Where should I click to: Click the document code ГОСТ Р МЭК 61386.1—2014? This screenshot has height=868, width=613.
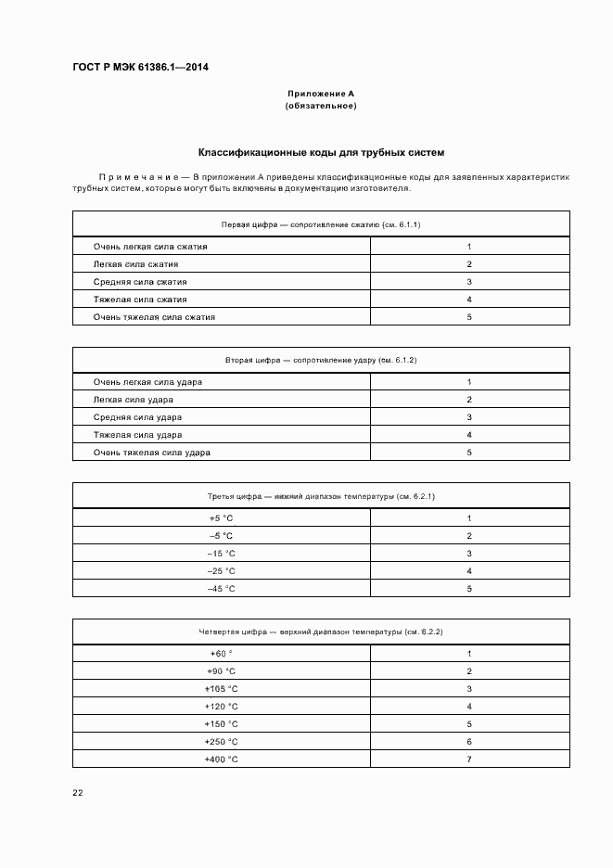140,68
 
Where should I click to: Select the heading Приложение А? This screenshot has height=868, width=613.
321,94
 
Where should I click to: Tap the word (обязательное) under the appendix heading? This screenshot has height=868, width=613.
321,106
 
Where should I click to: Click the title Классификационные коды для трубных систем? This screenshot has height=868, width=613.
321,152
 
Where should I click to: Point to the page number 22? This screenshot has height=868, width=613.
78,791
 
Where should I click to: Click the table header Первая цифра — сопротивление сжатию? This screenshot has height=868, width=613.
321,224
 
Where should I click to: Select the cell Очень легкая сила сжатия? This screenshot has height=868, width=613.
150,247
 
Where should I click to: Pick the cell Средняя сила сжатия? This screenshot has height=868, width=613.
140,282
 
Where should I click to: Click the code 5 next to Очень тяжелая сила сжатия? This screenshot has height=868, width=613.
470,317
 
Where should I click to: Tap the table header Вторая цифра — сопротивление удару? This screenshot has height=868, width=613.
321,360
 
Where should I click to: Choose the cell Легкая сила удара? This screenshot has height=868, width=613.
134,400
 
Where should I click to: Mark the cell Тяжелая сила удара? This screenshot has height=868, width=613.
137,435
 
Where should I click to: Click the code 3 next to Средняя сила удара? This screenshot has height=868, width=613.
470,417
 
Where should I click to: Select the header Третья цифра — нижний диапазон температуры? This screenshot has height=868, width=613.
321,496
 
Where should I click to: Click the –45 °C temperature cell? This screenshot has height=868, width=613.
222,589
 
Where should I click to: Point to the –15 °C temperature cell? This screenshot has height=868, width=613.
222,554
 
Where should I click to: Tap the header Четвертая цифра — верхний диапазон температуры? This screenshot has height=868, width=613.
321,632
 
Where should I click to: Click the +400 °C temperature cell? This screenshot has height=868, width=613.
222,759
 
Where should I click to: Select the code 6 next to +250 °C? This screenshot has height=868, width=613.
470,742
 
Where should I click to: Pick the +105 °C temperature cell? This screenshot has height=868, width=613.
222,689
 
